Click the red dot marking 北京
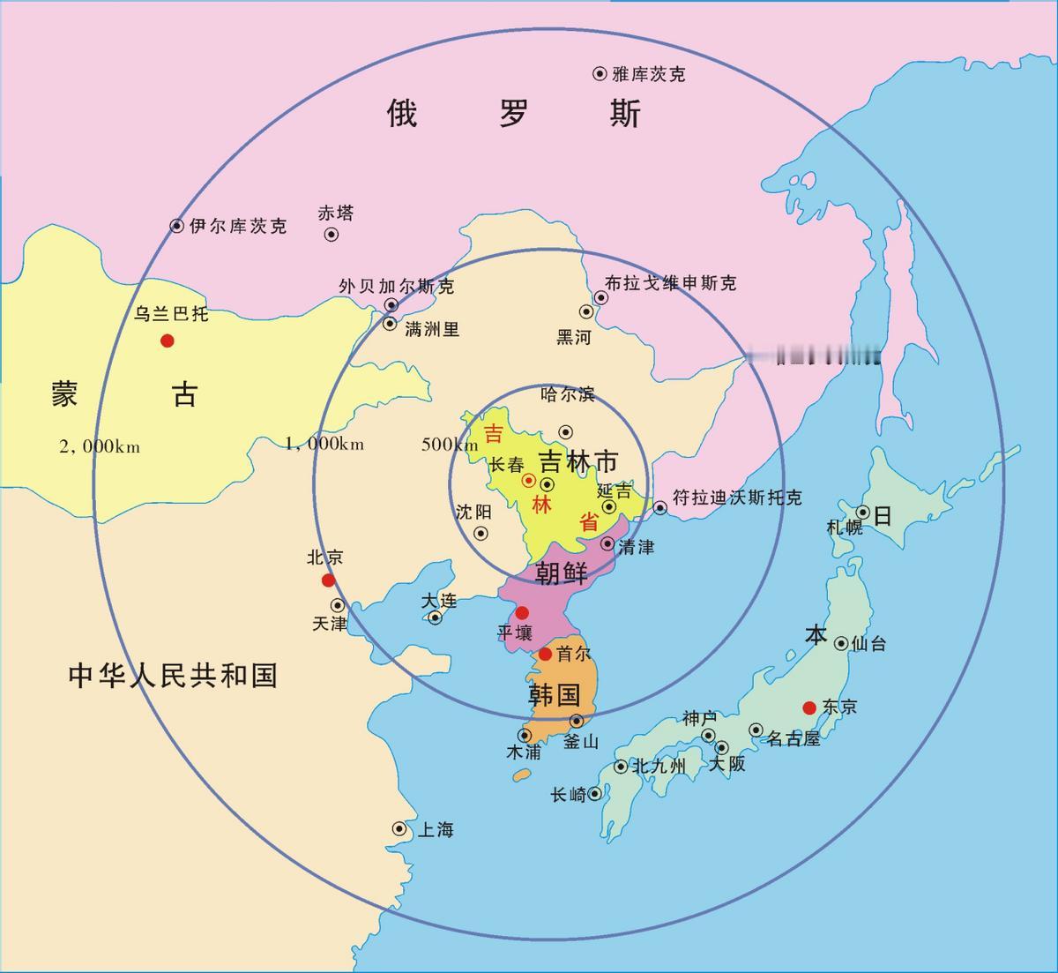pos(328,580)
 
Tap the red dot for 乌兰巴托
pos(167,341)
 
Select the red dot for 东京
pos(808,707)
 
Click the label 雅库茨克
pos(648,74)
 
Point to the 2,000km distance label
pos(100,446)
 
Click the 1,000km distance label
pos(324,443)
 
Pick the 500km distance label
pos(450,444)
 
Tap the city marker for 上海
pos(399,829)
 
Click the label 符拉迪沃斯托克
pos(737,498)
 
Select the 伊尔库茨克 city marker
pos(177,226)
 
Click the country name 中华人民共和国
pos(173,676)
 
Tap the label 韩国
pos(554,694)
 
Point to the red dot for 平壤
pos(522,612)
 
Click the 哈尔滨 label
pos(568,394)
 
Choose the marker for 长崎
pos(595,793)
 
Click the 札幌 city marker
pos(862,513)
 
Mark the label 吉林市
pos(578,461)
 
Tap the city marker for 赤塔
pos(332,235)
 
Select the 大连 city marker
pos(434,617)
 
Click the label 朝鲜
pos(562,573)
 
